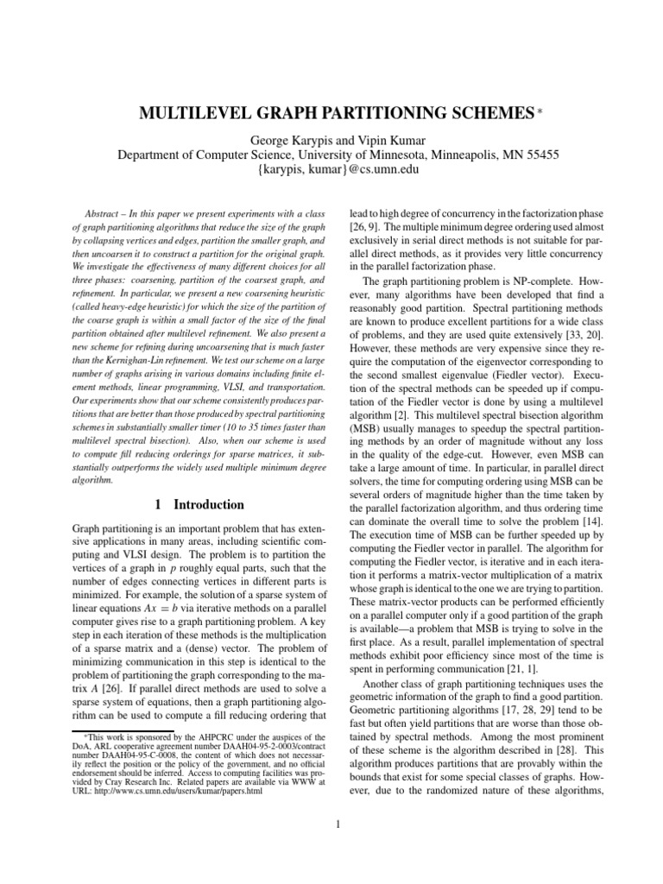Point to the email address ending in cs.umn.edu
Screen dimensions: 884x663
pyautogui.click(x=331, y=170)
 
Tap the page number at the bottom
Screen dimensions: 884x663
pyautogui.click(x=340, y=824)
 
